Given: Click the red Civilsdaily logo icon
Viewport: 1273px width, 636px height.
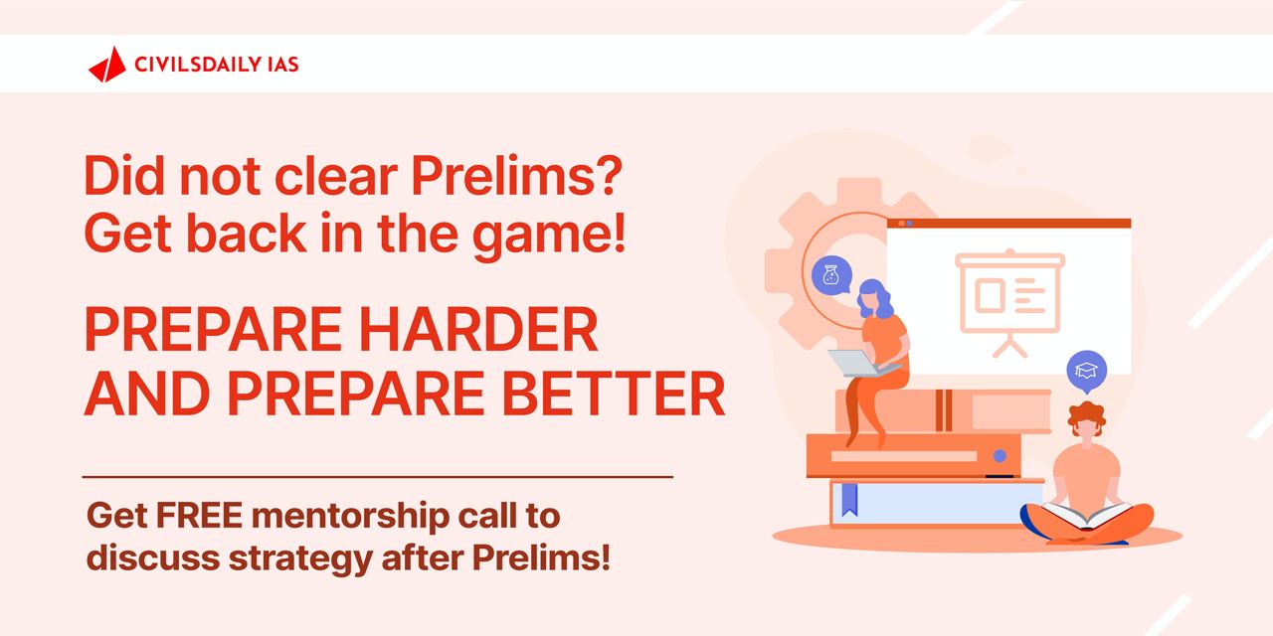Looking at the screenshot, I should [x=106, y=65].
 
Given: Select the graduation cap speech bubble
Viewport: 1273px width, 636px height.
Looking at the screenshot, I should [x=1086, y=372].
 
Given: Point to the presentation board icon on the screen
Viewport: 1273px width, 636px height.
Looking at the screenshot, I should [x=1008, y=299].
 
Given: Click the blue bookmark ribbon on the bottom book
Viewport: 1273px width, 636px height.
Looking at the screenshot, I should [x=847, y=499].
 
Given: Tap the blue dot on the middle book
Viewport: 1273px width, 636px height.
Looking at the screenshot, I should [x=1000, y=456].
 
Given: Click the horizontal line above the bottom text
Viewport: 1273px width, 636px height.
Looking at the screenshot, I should [x=377, y=477].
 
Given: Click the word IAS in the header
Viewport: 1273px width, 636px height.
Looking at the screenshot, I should [x=281, y=65].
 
